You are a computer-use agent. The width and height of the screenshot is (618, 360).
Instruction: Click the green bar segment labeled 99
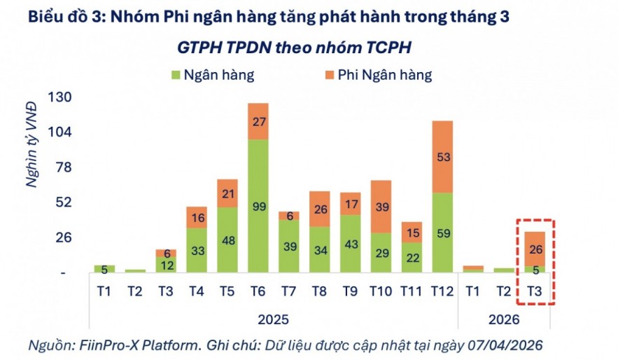258,205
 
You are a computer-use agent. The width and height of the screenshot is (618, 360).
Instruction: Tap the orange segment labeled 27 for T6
258,121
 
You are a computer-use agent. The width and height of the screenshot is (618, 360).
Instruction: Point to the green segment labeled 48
227,239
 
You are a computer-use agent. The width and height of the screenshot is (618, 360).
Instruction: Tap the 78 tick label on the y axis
64,167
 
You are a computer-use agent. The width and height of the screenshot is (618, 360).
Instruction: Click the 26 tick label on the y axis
64,237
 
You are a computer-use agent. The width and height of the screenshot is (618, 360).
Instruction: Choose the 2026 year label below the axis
504,319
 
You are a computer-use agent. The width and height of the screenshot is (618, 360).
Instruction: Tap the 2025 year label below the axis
273,319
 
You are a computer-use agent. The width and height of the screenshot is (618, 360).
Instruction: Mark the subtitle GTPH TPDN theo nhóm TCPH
294,47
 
